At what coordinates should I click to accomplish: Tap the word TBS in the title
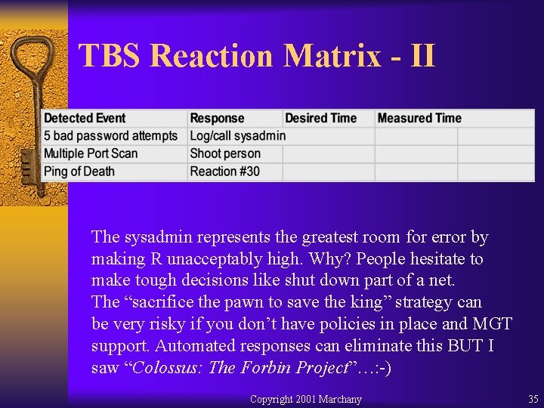[110, 56]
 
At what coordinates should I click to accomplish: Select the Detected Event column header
[85, 118]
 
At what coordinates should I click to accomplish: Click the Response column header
[218, 118]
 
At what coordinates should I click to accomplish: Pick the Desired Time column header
[320, 118]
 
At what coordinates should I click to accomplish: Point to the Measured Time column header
[419, 118]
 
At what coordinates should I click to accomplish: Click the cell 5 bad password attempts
[110, 136]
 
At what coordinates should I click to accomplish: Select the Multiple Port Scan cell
[91, 153]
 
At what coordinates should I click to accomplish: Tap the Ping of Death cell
[79, 172]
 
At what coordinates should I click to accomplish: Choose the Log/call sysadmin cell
[237, 136]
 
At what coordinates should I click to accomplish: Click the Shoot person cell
[225, 153]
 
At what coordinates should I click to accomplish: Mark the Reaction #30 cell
[224, 172]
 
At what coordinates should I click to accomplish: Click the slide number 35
[533, 399]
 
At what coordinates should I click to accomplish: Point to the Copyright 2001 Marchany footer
[305, 399]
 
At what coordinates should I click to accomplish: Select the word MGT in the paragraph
[493, 324]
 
